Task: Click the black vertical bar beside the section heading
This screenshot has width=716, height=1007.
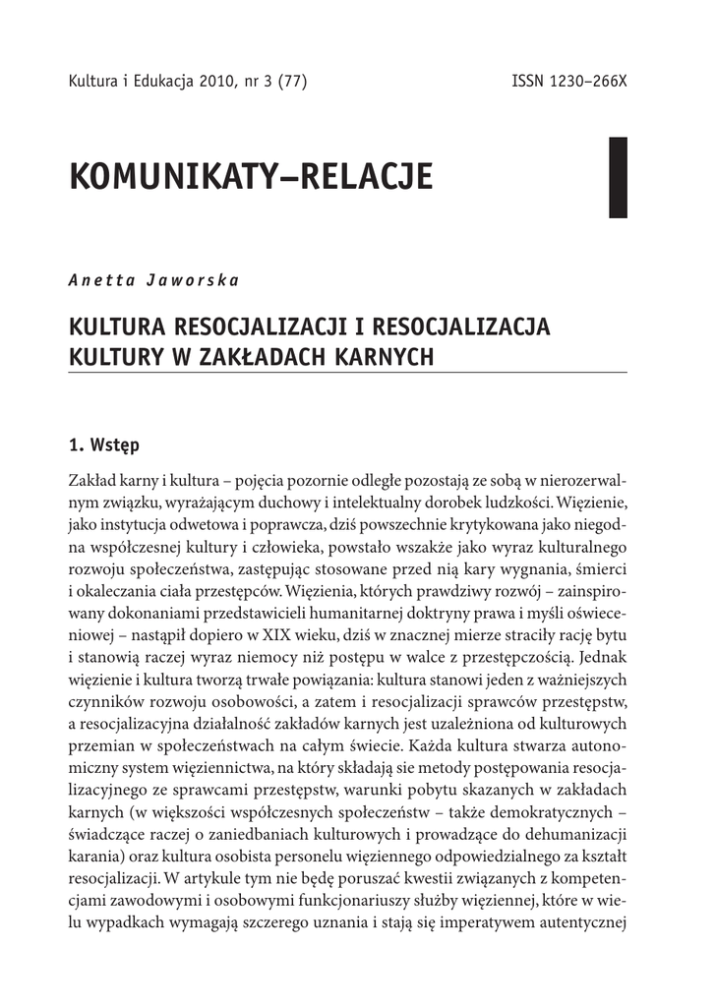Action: tap(618, 177)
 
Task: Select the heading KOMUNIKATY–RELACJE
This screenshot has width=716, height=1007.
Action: tap(252, 178)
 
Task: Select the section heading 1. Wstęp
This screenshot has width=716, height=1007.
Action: tap(104, 444)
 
